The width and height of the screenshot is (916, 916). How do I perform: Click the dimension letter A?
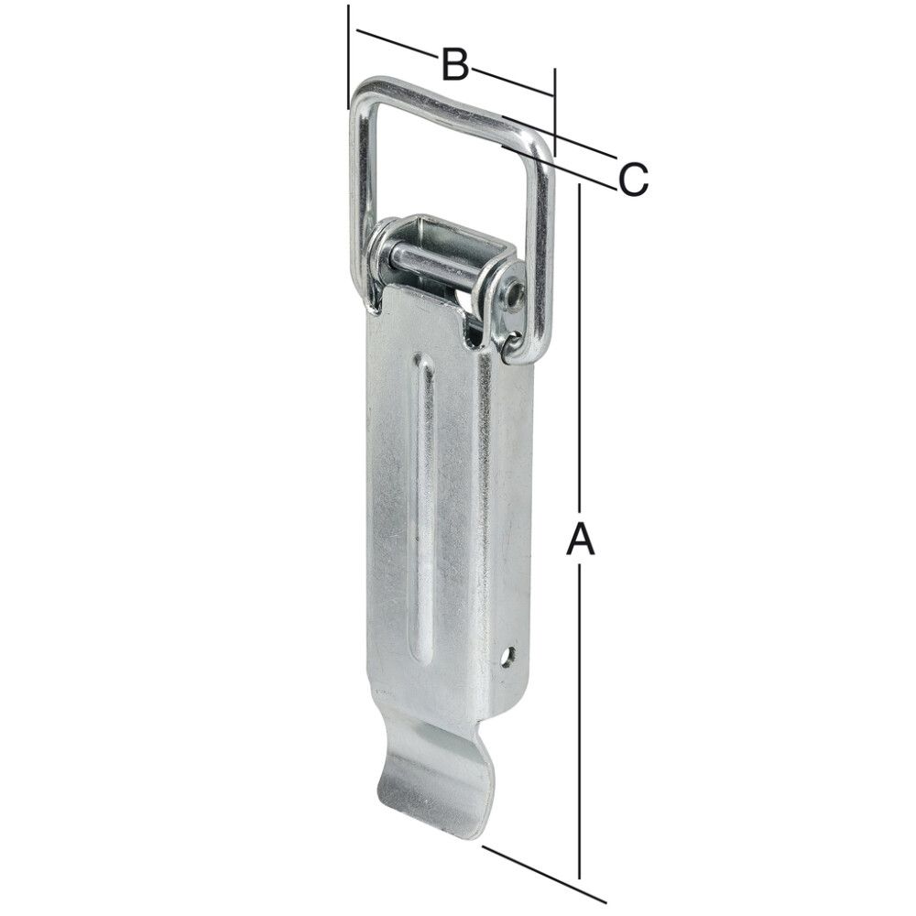click(580, 540)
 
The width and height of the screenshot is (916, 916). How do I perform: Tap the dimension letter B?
click(454, 65)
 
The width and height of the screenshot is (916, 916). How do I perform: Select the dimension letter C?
click(632, 179)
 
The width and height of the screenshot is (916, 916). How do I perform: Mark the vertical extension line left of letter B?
click(349, 55)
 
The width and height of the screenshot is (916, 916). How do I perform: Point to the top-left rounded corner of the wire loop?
click(363, 92)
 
